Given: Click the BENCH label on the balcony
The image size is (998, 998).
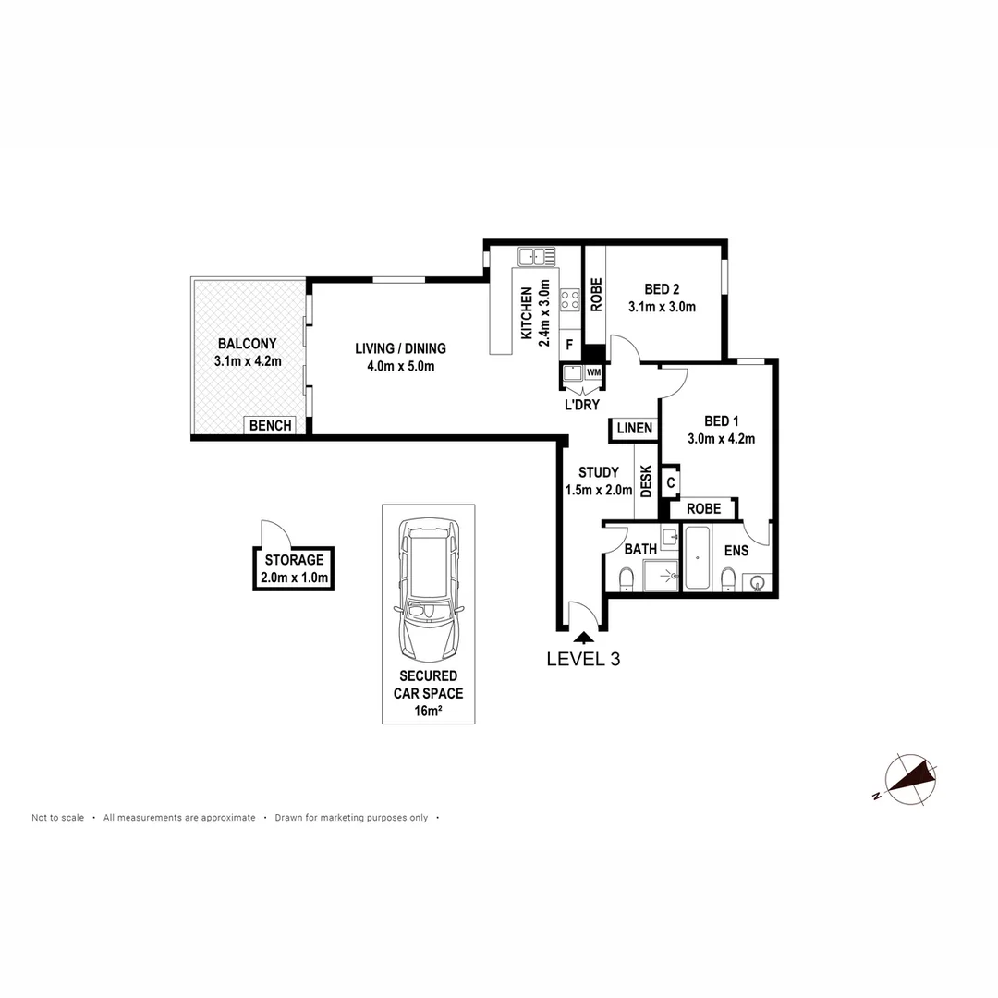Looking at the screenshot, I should [x=270, y=426].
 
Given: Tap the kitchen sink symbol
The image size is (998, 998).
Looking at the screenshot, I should [x=536, y=256].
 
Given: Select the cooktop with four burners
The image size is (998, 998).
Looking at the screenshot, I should [x=569, y=299].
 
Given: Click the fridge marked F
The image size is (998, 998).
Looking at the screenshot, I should [x=569, y=346].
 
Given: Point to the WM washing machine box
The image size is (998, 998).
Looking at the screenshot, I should [x=593, y=372].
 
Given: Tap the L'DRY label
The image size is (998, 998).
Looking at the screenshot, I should [x=582, y=405].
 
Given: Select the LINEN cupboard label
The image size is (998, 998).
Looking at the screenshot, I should [x=634, y=429].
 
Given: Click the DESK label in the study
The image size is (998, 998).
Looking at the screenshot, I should [x=646, y=481].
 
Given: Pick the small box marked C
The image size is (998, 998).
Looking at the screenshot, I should [x=671, y=481].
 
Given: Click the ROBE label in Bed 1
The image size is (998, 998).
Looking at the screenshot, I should [x=702, y=509].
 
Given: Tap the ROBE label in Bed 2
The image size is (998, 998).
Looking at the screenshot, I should [x=596, y=295].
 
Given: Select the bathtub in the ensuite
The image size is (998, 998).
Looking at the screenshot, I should [x=696, y=558].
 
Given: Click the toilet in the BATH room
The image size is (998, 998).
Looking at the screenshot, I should [x=626, y=578].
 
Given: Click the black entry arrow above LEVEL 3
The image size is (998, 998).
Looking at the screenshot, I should [x=583, y=637].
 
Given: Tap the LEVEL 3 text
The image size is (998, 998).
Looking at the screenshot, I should [x=582, y=660].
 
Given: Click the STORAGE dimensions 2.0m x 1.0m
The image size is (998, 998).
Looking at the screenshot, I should [x=293, y=579].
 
